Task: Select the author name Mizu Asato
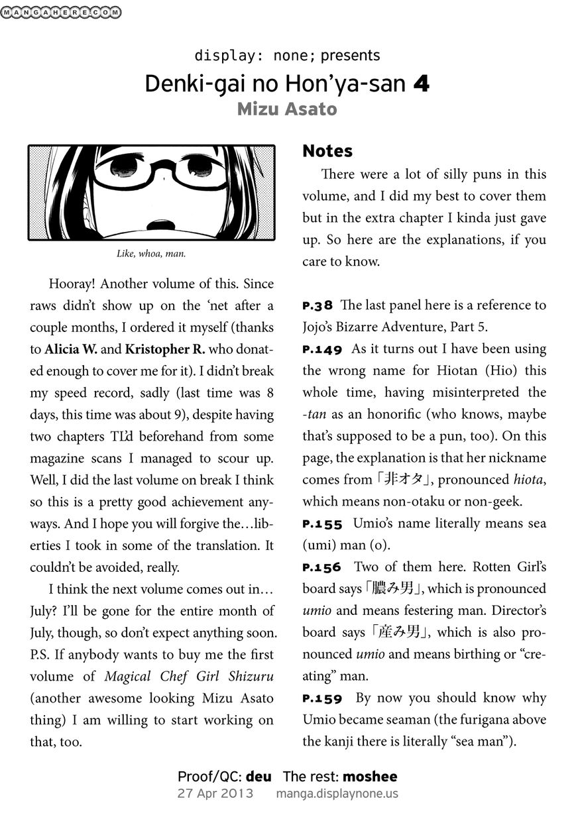[287, 109]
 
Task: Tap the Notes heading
[327, 151]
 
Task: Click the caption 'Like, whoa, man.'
[151, 253]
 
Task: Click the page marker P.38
[317, 306]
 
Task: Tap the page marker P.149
[322, 350]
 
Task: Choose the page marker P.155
[322, 524]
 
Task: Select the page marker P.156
[321, 568]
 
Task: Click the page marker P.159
[322, 698]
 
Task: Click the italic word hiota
[530, 480]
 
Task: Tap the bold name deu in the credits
[259, 776]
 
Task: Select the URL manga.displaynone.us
[337, 793]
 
